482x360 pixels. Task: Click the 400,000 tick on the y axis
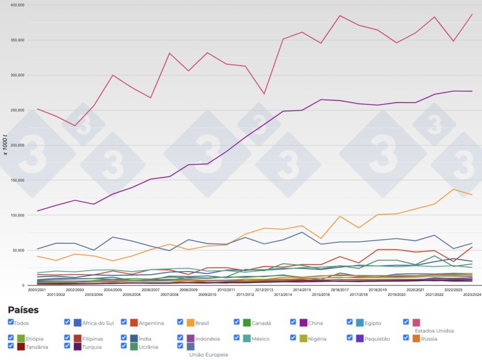click(x=14, y=5)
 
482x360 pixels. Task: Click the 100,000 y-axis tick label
click(x=14, y=215)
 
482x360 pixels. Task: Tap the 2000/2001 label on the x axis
click(x=37, y=289)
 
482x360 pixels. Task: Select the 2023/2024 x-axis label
click(x=472, y=294)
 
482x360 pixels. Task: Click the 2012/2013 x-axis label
click(x=263, y=289)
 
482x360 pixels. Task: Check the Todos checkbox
click(x=11, y=322)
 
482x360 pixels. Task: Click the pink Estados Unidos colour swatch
click(x=416, y=323)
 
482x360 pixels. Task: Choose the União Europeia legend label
click(x=208, y=355)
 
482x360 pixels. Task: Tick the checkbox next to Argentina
click(x=123, y=322)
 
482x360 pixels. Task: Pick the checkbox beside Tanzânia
click(x=11, y=346)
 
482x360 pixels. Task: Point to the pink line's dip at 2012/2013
click(x=263, y=94)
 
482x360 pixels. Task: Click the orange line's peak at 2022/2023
click(x=453, y=189)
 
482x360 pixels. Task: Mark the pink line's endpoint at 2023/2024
click(x=472, y=14)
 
